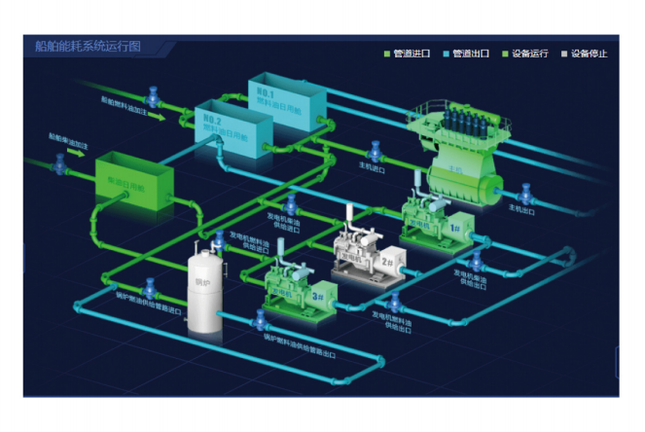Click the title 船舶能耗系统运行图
pos(88,47)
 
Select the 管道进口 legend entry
pos(409,54)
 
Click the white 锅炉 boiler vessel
pos(203,292)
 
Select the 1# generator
pos(434,224)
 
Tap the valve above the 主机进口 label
pos(374,151)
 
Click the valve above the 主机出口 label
pos(525,192)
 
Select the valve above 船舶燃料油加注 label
pos(152,97)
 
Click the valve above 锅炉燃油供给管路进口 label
pos(150,289)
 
